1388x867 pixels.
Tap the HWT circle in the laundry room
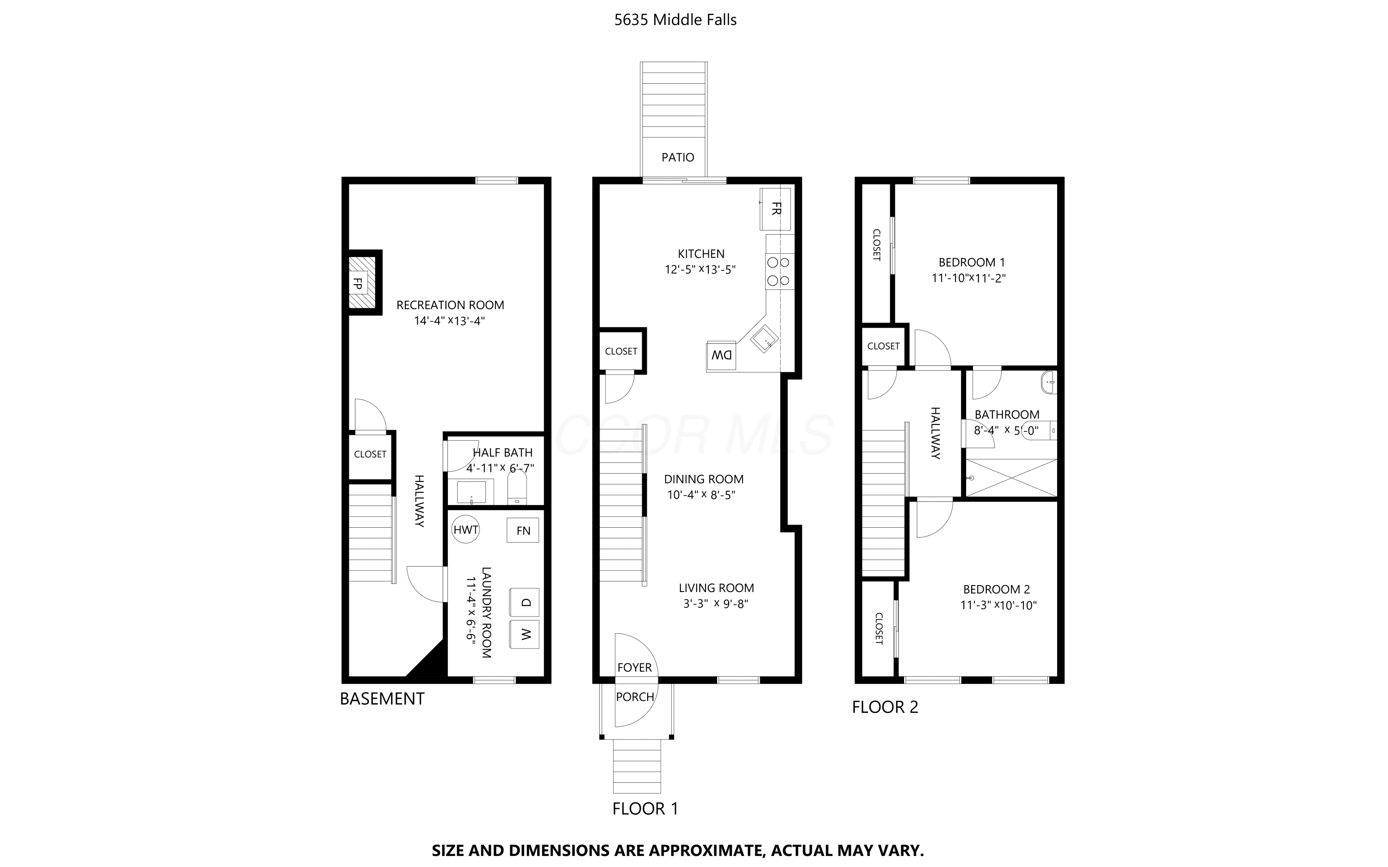click(x=466, y=529)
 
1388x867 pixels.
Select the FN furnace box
click(x=523, y=530)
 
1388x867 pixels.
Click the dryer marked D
click(x=524, y=602)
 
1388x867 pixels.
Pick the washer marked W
click(x=524, y=634)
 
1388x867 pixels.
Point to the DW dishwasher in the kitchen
click(x=721, y=356)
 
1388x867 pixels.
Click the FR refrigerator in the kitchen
click(x=775, y=209)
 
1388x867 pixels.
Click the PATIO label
click(x=677, y=157)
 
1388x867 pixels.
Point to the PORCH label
click(x=635, y=697)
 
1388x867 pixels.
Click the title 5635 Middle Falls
click(x=675, y=20)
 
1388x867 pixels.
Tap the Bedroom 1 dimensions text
click(x=968, y=279)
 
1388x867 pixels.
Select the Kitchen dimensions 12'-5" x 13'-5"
click(x=700, y=269)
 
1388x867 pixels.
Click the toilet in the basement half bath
click(x=517, y=488)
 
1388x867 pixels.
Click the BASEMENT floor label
click(x=382, y=699)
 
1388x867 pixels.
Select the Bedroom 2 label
click(x=997, y=589)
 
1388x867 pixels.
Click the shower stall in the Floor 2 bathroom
click(x=1011, y=478)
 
